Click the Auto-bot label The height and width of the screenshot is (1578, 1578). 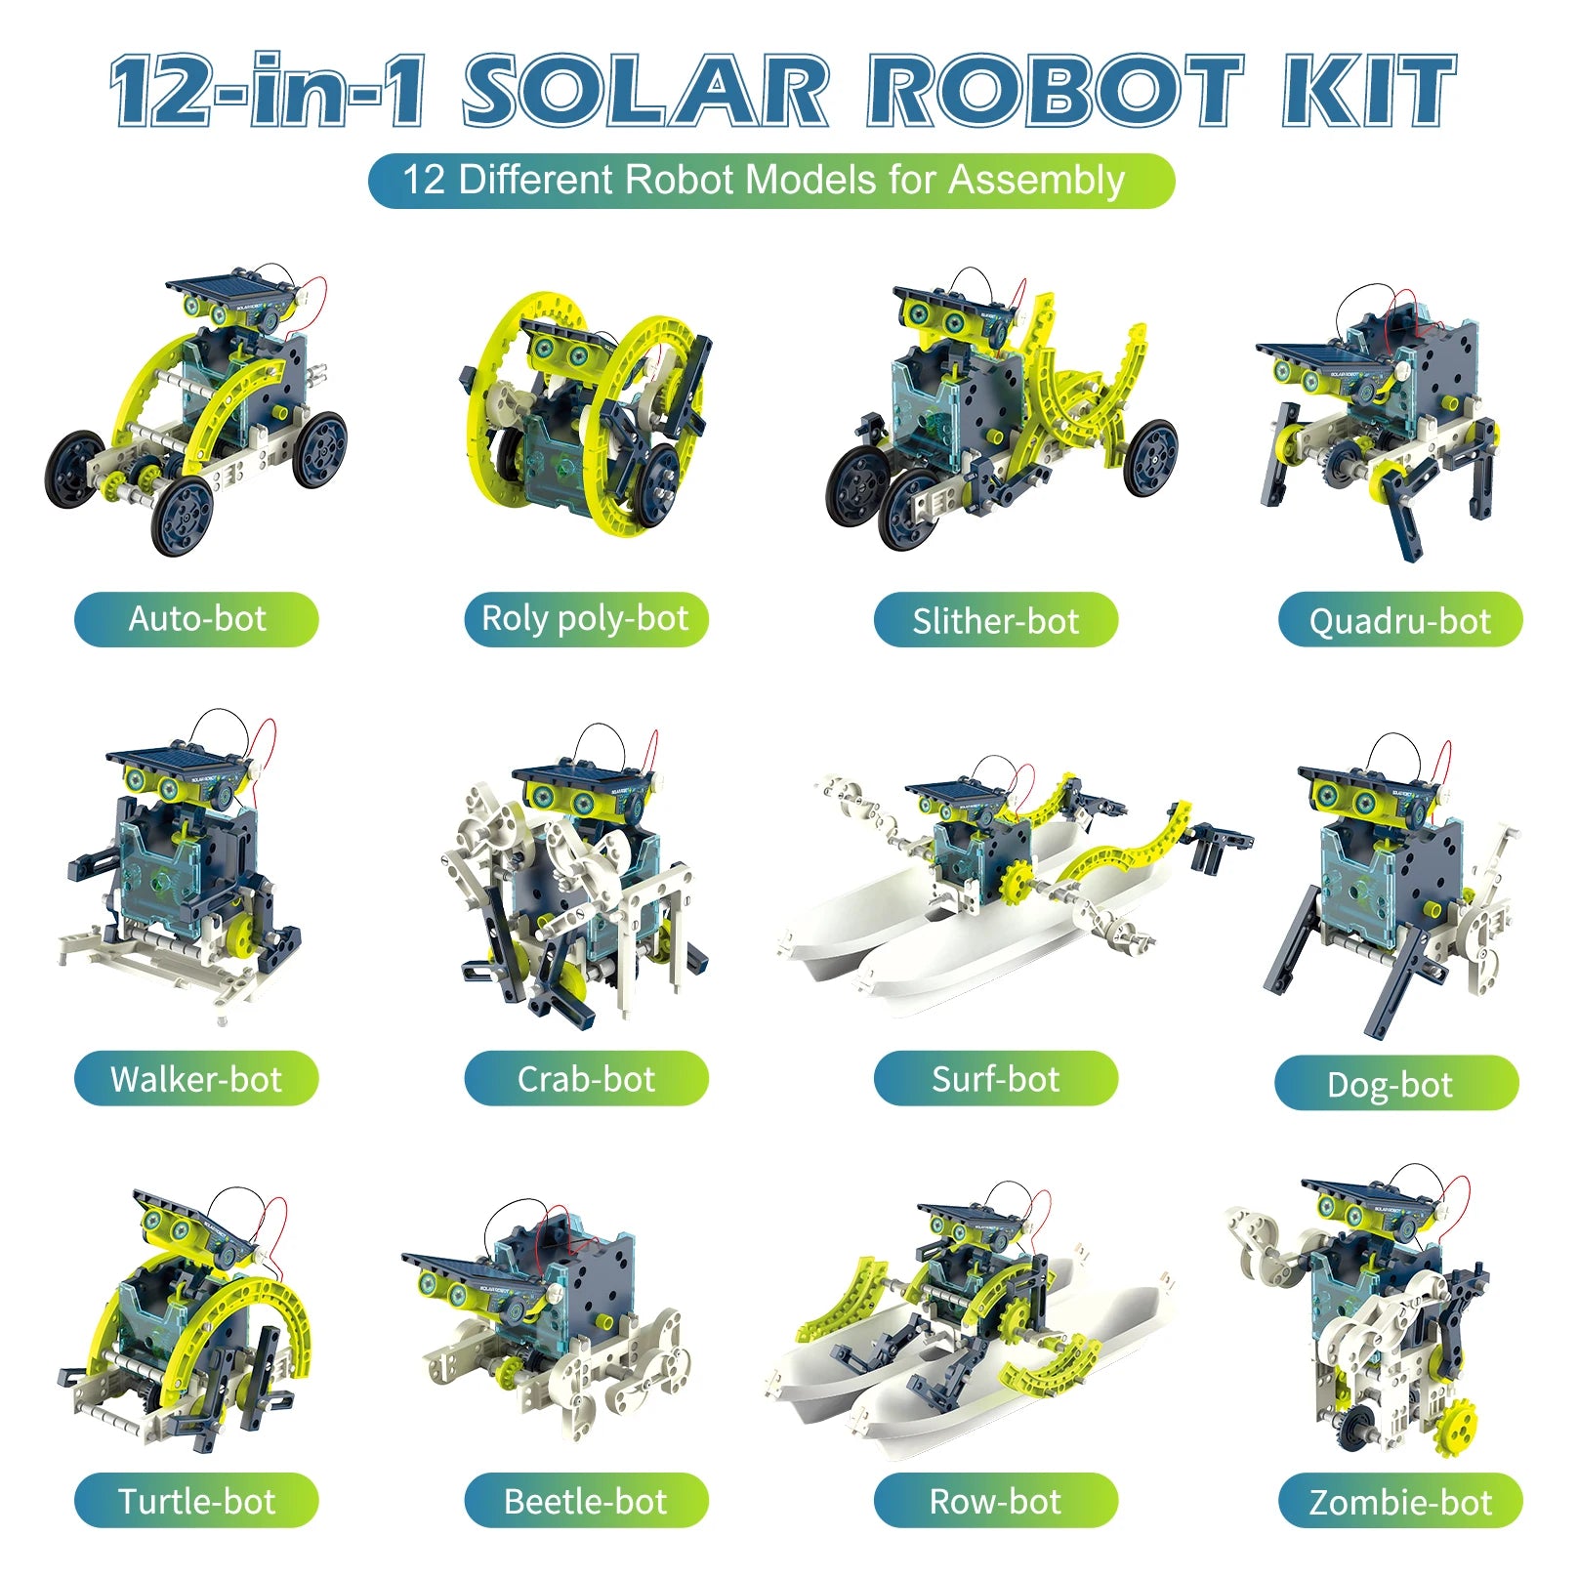pyautogui.click(x=196, y=619)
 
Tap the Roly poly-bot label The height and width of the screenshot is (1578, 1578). pyautogui.click(x=586, y=619)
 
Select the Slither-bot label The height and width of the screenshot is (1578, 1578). pyautogui.click(x=995, y=620)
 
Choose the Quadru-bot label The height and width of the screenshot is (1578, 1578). pyautogui.click(x=1400, y=620)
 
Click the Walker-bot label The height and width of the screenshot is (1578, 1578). pyautogui.click(x=196, y=1079)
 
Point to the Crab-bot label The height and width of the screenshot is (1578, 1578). pyautogui.click(x=586, y=1079)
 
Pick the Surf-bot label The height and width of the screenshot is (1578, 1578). pyautogui.click(x=995, y=1079)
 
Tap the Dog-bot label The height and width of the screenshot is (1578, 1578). pyautogui.click(x=1396, y=1084)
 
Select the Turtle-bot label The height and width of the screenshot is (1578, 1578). pyautogui.click(x=196, y=1501)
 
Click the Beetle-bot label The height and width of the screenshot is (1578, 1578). pyautogui.click(x=586, y=1501)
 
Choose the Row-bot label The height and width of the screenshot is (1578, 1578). pyautogui.click(x=995, y=1501)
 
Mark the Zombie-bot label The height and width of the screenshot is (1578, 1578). pyautogui.click(x=1400, y=1502)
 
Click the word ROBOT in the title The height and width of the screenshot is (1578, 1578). pyautogui.click(x=1056, y=91)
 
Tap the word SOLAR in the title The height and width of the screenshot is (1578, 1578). pyautogui.click(x=645, y=91)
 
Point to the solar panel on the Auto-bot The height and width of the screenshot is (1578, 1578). pyautogui.click(x=230, y=290)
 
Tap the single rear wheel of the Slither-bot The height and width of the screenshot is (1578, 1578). pyautogui.click(x=1149, y=457)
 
